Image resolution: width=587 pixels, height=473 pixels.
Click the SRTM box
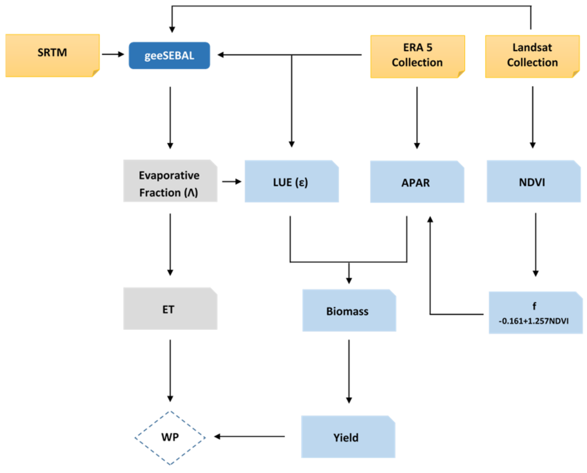click(x=52, y=55)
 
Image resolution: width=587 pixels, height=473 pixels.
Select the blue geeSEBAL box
click(x=169, y=55)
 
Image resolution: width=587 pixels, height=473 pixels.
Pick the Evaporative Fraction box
click(x=170, y=181)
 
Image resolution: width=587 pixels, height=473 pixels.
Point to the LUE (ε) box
click(x=291, y=182)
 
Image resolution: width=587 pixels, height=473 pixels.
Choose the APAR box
click(x=417, y=182)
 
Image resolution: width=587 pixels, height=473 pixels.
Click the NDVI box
click(x=533, y=182)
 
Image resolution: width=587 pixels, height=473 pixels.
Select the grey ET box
click(x=170, y=309)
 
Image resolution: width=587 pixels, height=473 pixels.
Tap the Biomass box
click(x=349, y=311)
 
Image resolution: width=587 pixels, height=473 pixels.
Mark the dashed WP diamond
click(x=170, y=437)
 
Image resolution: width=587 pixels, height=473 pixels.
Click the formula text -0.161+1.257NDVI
click(x=533, y=321)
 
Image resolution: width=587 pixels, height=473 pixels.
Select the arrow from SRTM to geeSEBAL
click(x=113, y=54)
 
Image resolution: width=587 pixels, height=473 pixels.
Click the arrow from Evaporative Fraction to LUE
click(x=231, y=182)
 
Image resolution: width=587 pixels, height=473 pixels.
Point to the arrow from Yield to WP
click(x=249, y=437)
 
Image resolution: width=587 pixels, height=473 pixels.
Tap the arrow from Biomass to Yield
click(x=349, y=371)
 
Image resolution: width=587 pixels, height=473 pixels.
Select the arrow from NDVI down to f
click(x=535, y=244)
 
